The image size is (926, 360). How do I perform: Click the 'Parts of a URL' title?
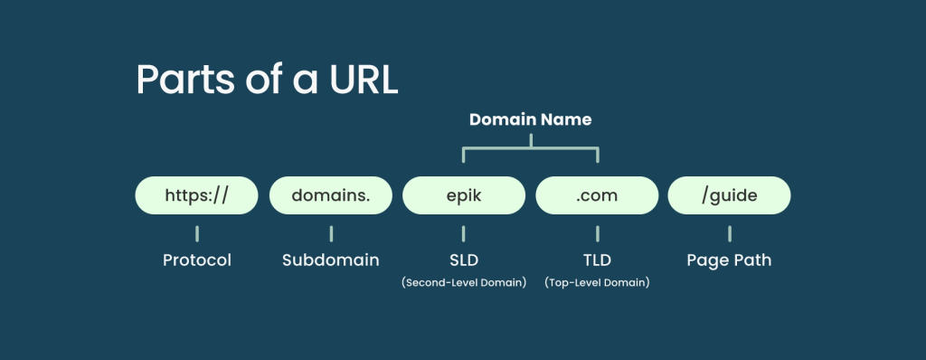click(x=267, y=80)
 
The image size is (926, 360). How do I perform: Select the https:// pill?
click(x=196, y=195)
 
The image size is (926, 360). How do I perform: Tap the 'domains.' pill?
click(x=331, y=195)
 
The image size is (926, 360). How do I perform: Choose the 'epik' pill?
click(x=464, y=195)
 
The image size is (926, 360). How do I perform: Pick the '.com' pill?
click(x=597, y=195)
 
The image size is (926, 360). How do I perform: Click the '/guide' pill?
click(x=730, y=195)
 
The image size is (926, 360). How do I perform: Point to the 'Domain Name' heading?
click(x=530, y=119)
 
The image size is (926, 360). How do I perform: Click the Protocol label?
click(x=197, y=261)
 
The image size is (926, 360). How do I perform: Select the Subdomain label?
click(x=331, y=261)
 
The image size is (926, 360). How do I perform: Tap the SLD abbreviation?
click(x=464, y=261)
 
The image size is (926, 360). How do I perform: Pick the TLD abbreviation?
click(x=597, y=261)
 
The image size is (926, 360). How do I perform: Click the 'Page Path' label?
click(x=730, y=261)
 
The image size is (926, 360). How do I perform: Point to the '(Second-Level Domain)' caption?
click(x=464, y=282)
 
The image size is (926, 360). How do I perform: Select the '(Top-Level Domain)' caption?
click(x=597, y=282)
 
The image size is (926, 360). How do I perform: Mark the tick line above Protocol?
click(x=197, y=233)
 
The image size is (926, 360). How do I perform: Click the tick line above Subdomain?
click(x=331, y=233)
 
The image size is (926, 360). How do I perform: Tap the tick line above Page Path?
click(x=730, y=233)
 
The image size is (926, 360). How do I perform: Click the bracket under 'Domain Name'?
click(x=531, y=147)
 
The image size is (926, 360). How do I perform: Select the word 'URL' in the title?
click(x=364, y=80)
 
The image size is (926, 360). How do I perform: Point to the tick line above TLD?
click(x=597, y=233)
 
